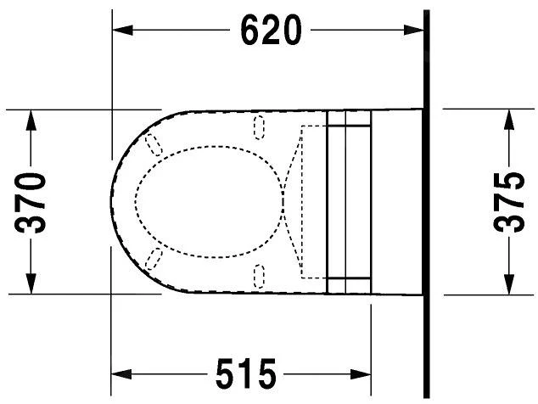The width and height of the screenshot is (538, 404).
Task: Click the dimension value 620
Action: coord(270,31)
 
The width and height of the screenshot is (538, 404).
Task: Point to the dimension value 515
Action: coord(245,373)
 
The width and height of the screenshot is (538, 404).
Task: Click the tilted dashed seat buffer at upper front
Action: coord(154,145)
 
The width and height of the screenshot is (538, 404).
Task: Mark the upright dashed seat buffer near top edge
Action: coord(260,126)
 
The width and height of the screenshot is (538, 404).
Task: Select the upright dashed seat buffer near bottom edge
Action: coord(260,275)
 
